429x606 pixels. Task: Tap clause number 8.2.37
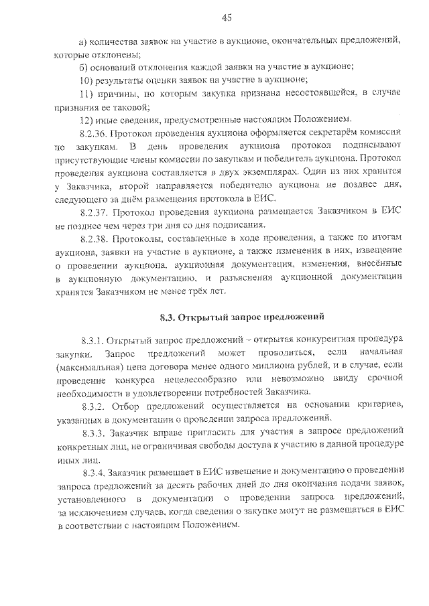pos(93,212)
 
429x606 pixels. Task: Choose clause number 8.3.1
pos(92,339)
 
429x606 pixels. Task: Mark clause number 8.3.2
pos(92,406)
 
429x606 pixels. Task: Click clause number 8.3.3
pos(92,432)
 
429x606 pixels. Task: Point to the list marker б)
pos(82,66)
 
